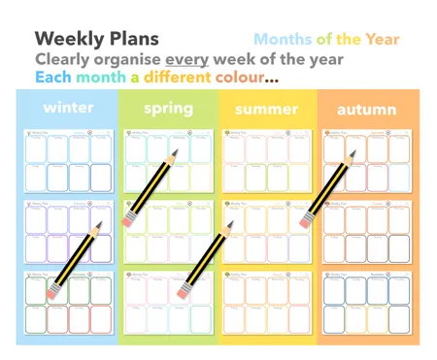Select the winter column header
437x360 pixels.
68,108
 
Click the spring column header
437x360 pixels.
168,109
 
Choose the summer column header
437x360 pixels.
267,109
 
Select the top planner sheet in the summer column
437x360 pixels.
267,160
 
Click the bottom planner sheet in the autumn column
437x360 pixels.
368,302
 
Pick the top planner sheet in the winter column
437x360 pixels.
68,160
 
